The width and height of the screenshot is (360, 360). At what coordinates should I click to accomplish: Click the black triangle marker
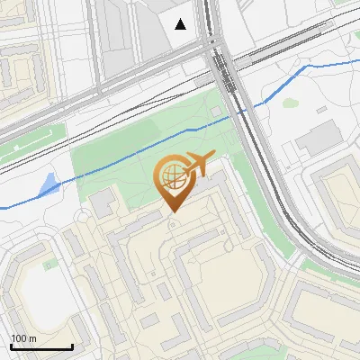(x=181, y=24)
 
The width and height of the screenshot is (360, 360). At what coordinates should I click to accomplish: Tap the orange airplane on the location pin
(x=199, y=164)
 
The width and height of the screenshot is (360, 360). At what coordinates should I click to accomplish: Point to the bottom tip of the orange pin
(x=172, y=211)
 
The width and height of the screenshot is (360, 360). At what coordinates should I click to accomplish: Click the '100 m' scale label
(x=23, y=338)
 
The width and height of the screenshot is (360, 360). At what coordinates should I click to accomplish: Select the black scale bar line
(x=41, y=346)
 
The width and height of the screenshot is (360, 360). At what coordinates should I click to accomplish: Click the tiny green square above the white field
(x=51, y=263)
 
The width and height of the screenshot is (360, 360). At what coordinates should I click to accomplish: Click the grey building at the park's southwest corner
(x=104, y=199)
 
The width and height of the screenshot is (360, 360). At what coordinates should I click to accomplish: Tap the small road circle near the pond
(x=83, y=217)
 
